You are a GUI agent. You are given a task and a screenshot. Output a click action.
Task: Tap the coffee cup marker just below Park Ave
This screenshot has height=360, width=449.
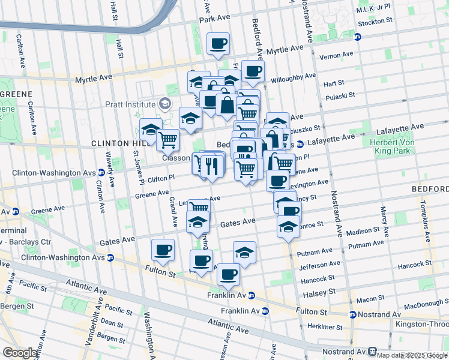click(218, 43)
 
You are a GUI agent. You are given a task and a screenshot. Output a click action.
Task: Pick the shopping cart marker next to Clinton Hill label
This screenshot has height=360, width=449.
click(167, 140)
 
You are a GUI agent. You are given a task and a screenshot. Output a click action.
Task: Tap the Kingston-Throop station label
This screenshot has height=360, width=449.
click(421, 324)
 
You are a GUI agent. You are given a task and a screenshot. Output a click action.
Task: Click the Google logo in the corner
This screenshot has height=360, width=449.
click(20, 353)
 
